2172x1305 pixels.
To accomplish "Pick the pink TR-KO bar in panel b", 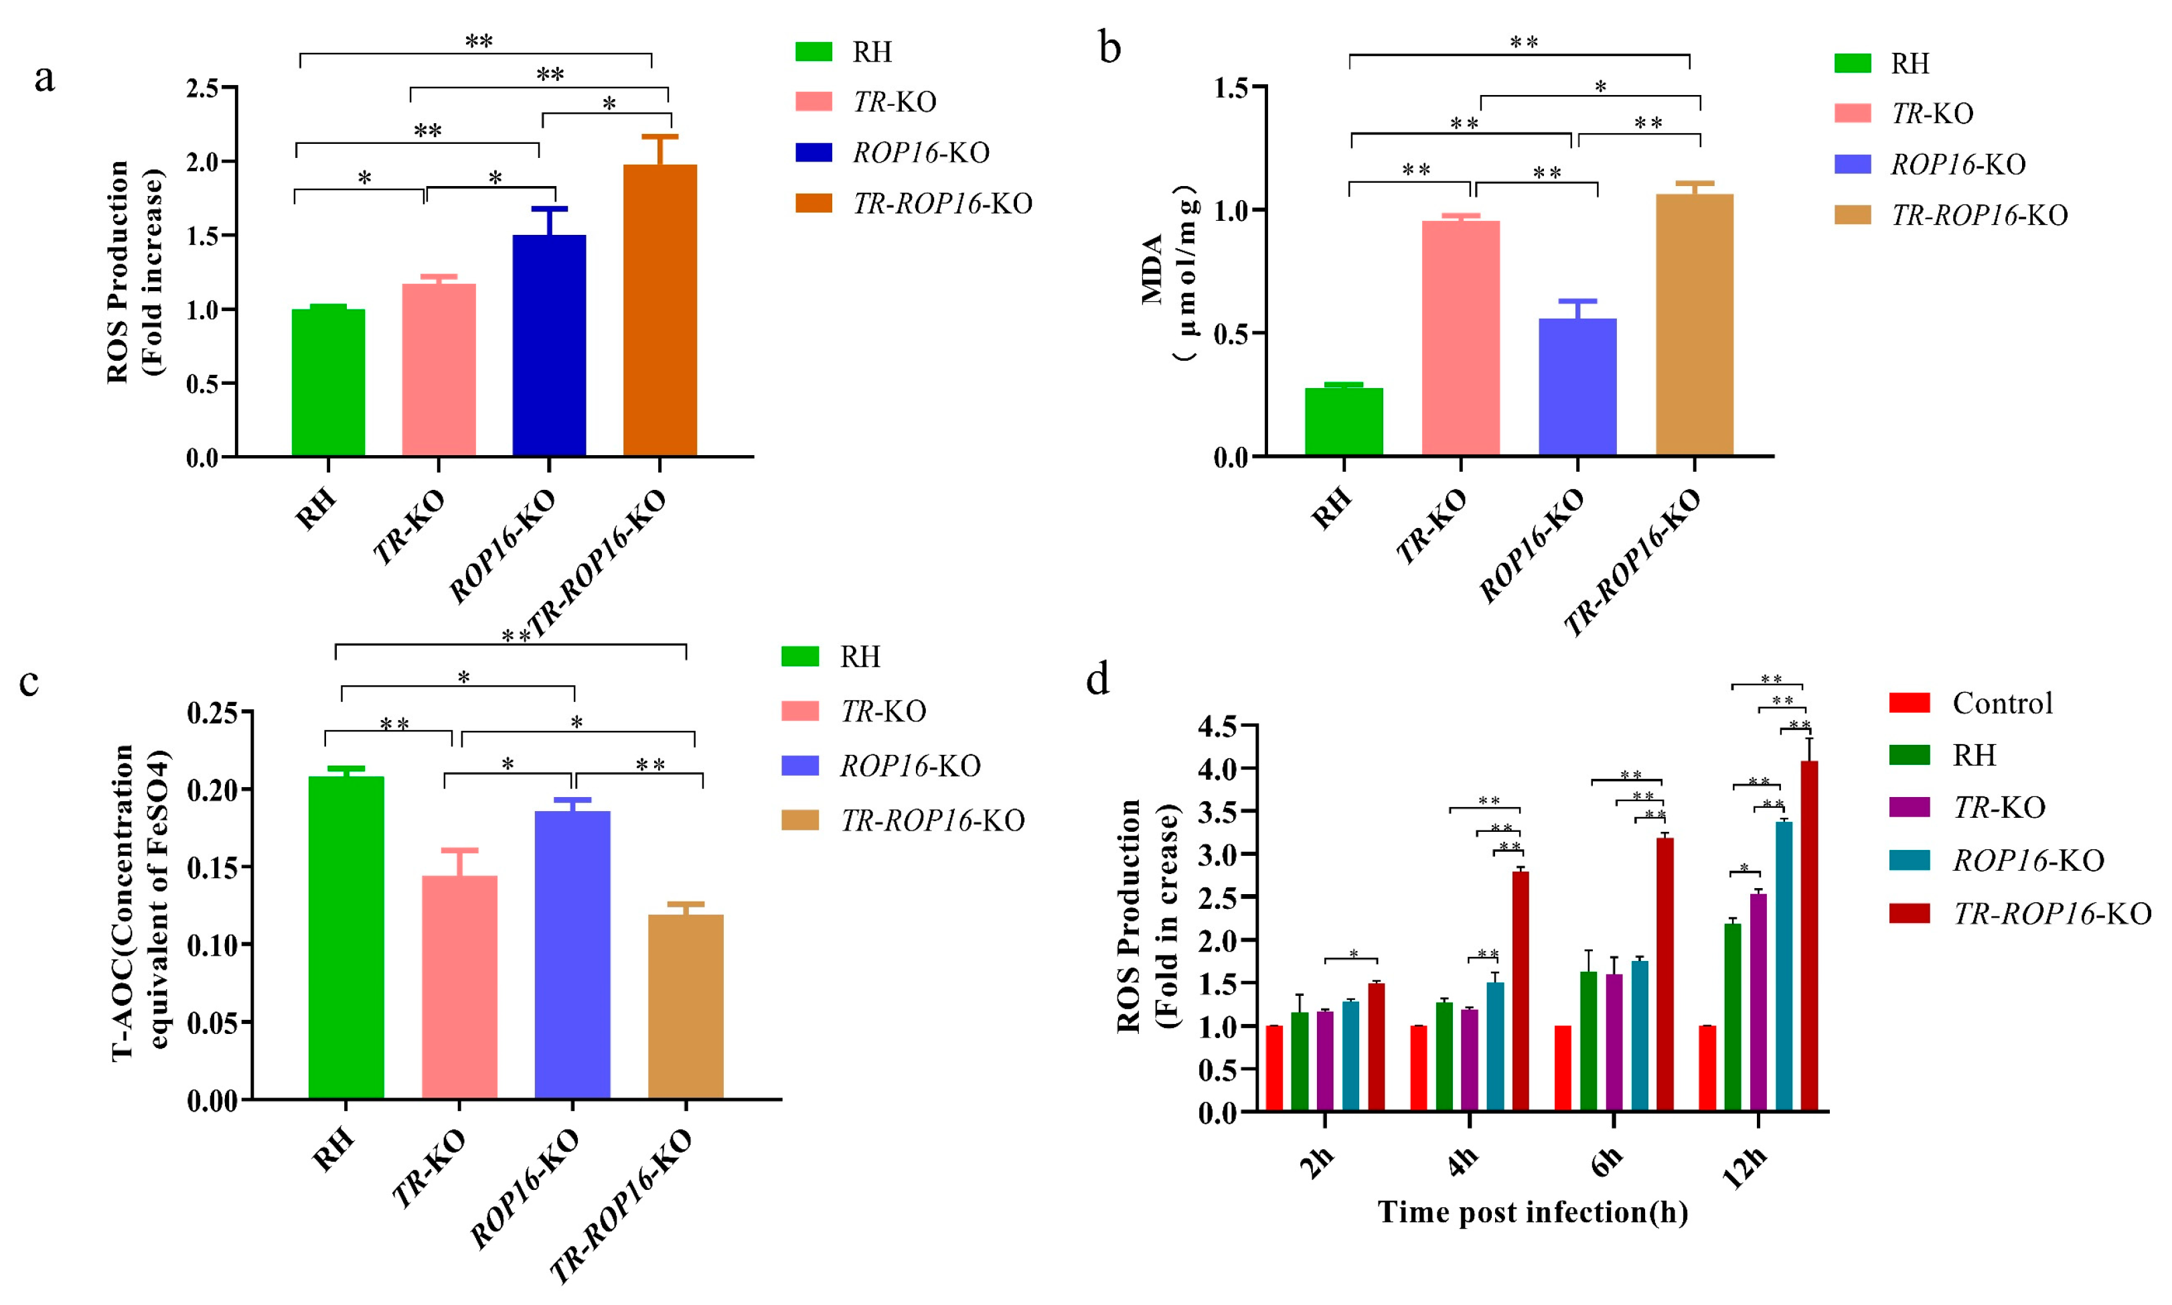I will click(x=1460, y=338).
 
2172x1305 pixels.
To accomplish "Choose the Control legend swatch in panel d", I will click(x=1909, y=703).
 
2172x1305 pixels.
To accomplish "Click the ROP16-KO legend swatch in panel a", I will click(x=813, y=152).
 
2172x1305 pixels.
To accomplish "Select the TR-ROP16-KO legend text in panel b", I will click(x=1979, y=215).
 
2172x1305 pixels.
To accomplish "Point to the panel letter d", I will click(x=1097, y=679).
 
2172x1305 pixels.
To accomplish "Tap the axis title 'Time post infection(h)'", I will click(x=1533, y=1212).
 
